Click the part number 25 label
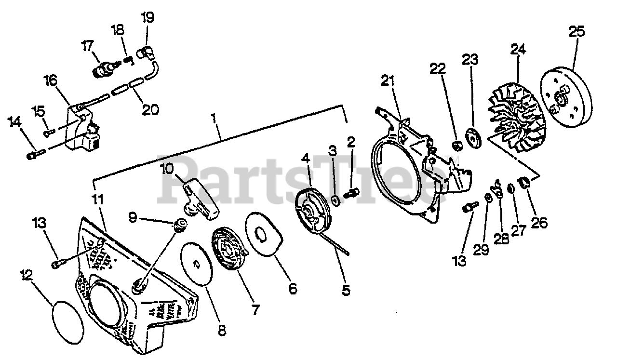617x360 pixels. pyautogui.click(x=577, y=32)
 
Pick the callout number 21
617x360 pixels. pyautogui.click(x=388, y=80)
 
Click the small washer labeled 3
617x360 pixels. pyautogui.click(x=334, y=199)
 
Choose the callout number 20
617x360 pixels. pyautogui.click(x=151, y=110)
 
